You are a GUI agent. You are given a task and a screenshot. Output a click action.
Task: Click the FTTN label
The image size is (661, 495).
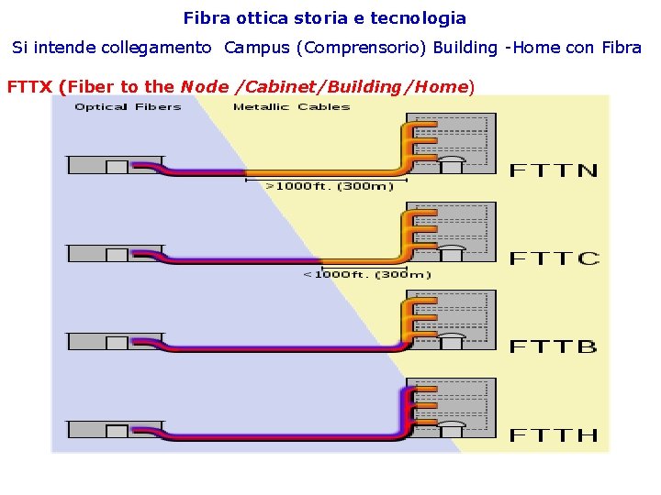tap(554, 170)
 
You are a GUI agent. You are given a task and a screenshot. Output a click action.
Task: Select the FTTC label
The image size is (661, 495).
tap(555, 258)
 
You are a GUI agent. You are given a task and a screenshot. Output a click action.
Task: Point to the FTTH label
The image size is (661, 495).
tap(554, 434)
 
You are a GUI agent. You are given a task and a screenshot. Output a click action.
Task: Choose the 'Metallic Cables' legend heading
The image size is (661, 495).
tap(291, 106)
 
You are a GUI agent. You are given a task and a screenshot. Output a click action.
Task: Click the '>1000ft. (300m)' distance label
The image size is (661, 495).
tap(329, 185)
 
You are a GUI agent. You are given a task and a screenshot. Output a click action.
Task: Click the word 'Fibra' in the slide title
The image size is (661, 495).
tap(204, 17)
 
